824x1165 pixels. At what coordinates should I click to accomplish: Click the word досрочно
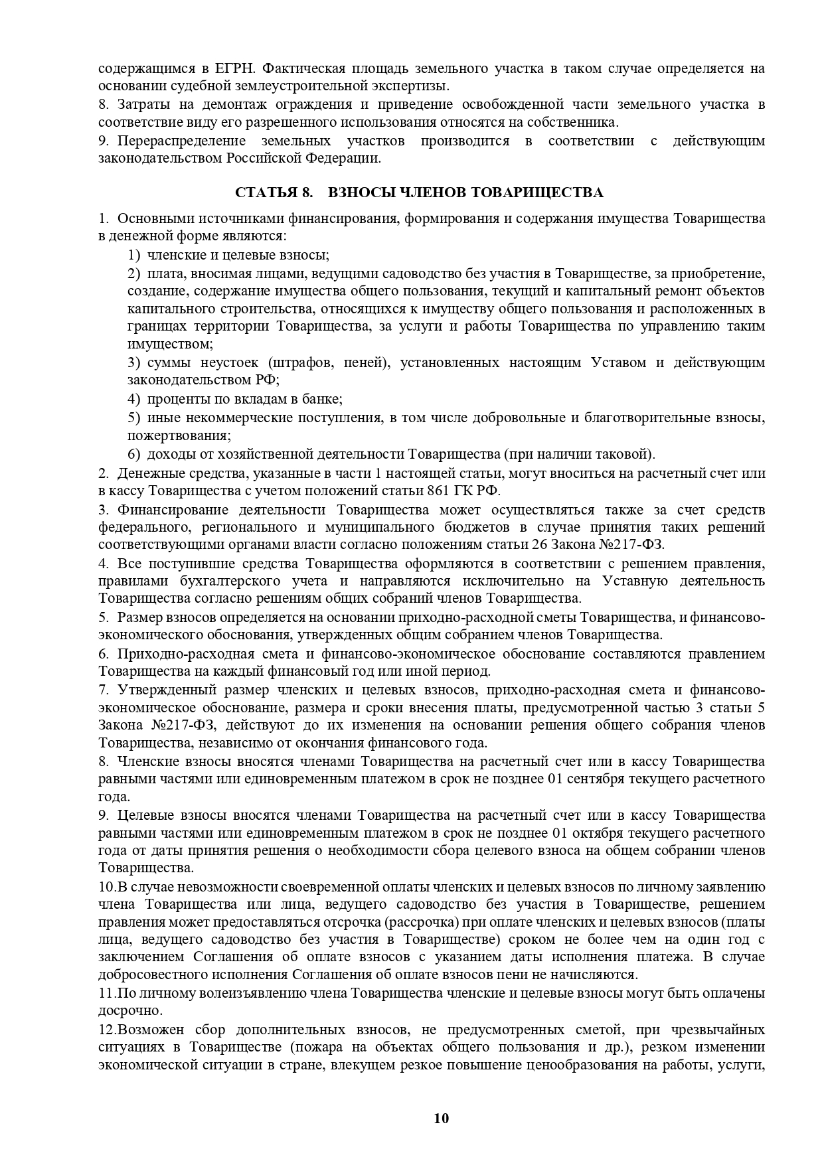[129, 1011]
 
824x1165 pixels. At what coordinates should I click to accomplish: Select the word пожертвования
[179, 436]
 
